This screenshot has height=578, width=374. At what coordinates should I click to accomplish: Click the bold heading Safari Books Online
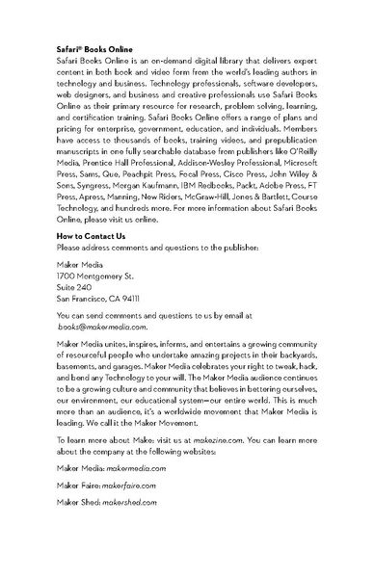pyautogui.click(x=94, y=47)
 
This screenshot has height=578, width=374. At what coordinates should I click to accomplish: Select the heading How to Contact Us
pyautogui.click(x=92, y=236)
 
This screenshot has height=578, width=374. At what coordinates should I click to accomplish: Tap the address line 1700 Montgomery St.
pyautogui.click(x=95, y=276)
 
